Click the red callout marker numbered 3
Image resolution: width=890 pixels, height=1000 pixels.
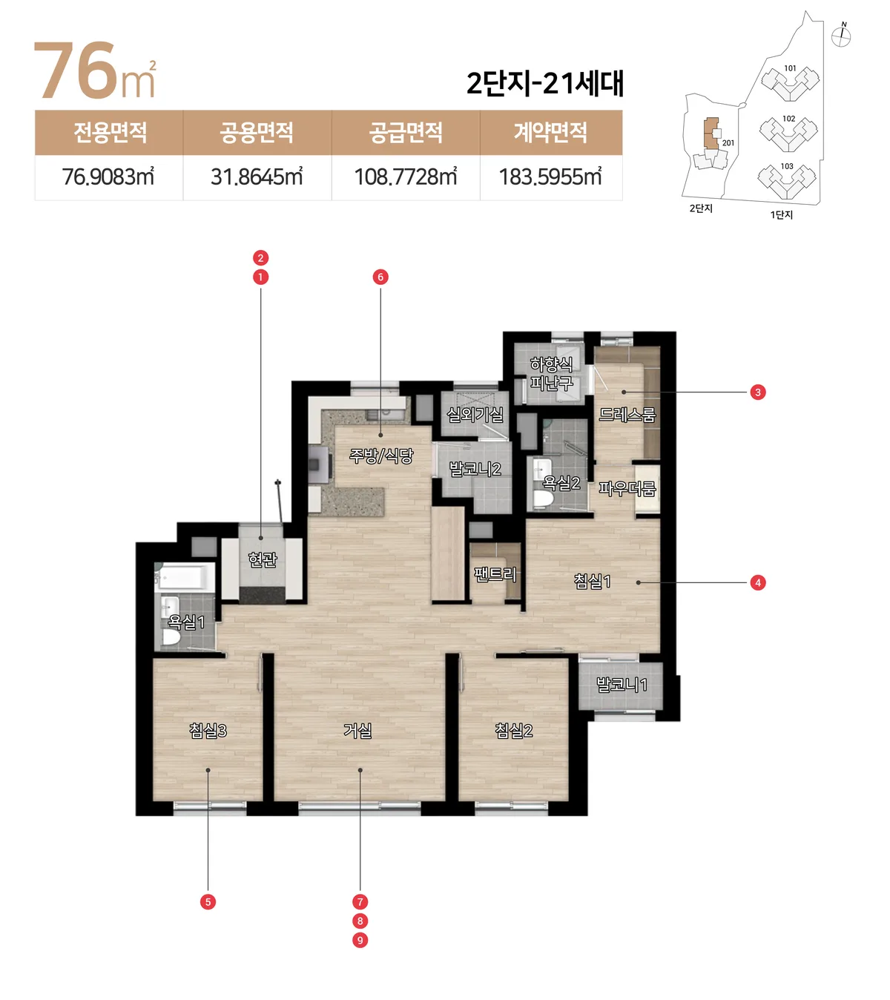point(758,392)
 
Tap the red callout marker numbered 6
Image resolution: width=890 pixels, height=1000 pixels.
point(380,277)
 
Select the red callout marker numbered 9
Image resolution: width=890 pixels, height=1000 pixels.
point(360,940)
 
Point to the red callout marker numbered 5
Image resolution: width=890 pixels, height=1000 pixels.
point(208,902)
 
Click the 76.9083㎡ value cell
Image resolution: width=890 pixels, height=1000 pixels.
point(108,177)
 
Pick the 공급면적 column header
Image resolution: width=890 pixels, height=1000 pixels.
point(406,132)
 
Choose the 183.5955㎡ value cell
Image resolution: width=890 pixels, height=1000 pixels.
point(551,177)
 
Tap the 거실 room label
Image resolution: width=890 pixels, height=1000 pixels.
point(357,730)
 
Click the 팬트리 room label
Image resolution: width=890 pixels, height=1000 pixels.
point(495,574)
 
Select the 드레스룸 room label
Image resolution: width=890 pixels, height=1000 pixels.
point(627,415)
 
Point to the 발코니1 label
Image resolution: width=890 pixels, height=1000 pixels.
point(622,685)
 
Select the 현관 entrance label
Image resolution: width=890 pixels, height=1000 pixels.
point(263,559)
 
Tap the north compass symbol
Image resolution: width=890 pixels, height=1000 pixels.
point(840,36)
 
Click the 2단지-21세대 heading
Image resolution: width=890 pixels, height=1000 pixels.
point(545,83)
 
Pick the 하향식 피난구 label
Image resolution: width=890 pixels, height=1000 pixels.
point(551,374)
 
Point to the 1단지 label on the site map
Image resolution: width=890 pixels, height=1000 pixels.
point(781,214)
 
